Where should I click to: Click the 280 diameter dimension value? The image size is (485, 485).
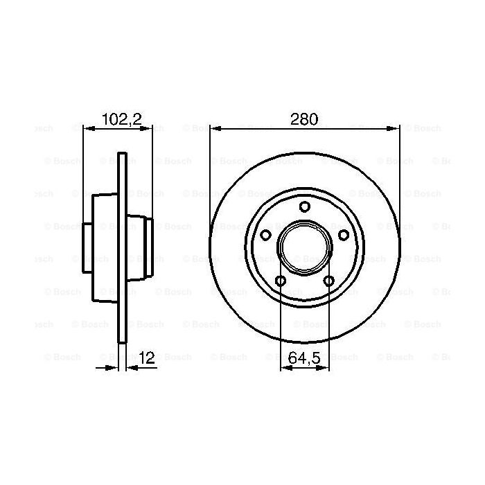[303, 118]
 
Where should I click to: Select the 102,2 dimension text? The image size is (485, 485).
[121, 118]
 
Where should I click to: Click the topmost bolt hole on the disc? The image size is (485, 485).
[304, 206]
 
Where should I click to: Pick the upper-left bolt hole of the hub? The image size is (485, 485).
[265, 235]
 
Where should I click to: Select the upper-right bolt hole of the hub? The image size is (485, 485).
[343, 235]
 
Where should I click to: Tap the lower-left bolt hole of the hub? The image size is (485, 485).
[281, 280]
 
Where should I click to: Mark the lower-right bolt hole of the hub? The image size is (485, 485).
[328, 280]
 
